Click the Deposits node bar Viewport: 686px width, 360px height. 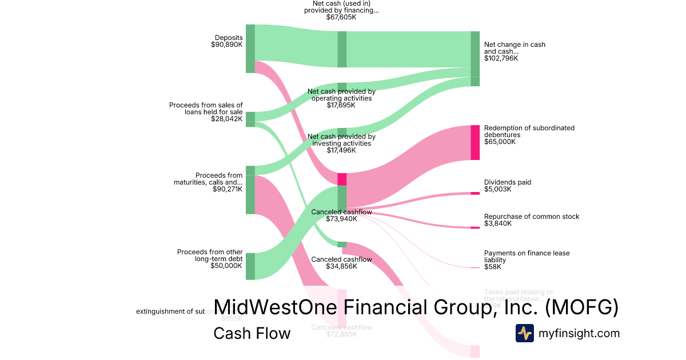pyautogui.click(x=250, y=49)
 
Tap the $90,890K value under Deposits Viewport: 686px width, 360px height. pyautogui.click(x=226, y=45)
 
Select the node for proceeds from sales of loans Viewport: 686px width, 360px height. pyautogui.click(x=250, y=119)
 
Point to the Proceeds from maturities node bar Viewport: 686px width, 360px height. pyautogui.click(x=250, y=190)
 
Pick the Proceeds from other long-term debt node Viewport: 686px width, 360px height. pyautogui.click(x=250, y=266)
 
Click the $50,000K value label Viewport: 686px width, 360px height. pyautogui.click(x=226, y=265)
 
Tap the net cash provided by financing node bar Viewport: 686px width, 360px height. pyautogui.click(x=342, y=49)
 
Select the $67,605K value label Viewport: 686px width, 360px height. pyautogui.click(x=341, y=17)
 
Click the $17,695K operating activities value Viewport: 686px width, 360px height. pyautogui.click(x=341, y=105)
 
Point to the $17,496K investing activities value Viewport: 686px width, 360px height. pyautogui.click(x=341, y=150)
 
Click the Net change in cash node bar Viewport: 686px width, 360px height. pyautogui.click(x=474, y=58)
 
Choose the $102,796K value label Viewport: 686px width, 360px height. pyautogui.click(x=501, y=58)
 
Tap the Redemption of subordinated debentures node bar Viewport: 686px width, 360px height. pyautogui.click(x=474, y=142)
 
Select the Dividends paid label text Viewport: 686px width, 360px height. pyautogui.click(x=508, y=182)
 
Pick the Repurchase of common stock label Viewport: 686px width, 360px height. pyautogui.click(x=532, y=217)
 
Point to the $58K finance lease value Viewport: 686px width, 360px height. pyautogui.click(x=492, y=267)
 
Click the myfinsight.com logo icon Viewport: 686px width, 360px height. pyautogui.click(x=524, y=333)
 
